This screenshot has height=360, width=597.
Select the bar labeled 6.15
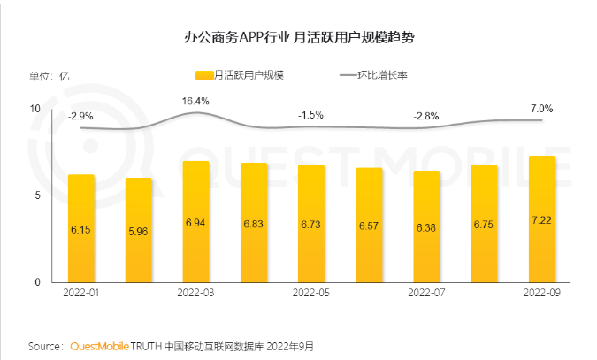click(x=81, y=228)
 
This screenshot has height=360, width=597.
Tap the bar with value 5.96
click(x=139, y=230)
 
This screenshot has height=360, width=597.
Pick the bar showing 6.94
click(x=196, y=221)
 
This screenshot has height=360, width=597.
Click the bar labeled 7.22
click(x=541, y=218)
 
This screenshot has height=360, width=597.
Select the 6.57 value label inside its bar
click(x=369, y=226)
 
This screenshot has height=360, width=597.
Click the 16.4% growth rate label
click(x=195, y=101)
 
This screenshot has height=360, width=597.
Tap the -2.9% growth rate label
click(x=81, y=116)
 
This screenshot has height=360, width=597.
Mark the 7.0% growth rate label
click(x=541, y=109)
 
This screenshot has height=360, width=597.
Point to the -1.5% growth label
click(x=311, y=115)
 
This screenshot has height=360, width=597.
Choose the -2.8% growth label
click(x=426, y=116)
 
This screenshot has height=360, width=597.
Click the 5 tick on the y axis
click(x=38, y=195)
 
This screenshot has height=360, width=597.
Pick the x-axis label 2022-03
click(x=196, y=292)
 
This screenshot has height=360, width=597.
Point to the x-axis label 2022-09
click(x=541, y=292)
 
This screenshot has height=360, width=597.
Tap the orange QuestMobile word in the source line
click(x=100, y=346)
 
